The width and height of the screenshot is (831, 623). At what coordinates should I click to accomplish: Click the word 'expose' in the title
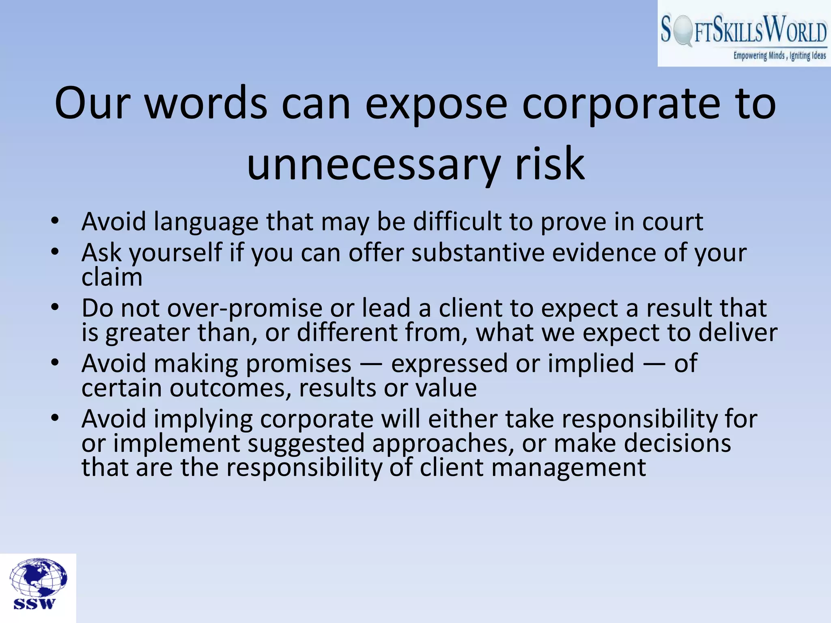(x=436, y=105)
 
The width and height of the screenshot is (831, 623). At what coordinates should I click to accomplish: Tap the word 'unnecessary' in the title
(x=373, y=165)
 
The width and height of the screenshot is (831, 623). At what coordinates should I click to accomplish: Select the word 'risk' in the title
(x=549, y=164)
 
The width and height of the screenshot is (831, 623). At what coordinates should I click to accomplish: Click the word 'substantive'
(x=478, y=253)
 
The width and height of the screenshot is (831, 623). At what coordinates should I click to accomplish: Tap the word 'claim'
(x=112, y=277)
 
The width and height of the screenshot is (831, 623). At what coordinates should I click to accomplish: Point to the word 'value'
(x=446, y=388)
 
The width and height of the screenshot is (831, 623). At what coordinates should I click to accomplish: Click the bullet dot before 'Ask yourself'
(x=55, y=252)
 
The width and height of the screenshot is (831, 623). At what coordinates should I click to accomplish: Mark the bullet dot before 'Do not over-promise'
(x=55, y=307)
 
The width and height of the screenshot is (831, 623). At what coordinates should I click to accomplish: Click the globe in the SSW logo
(x=38, y=578)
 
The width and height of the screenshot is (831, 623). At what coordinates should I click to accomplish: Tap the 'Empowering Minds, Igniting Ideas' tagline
(x=779, y=56)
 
